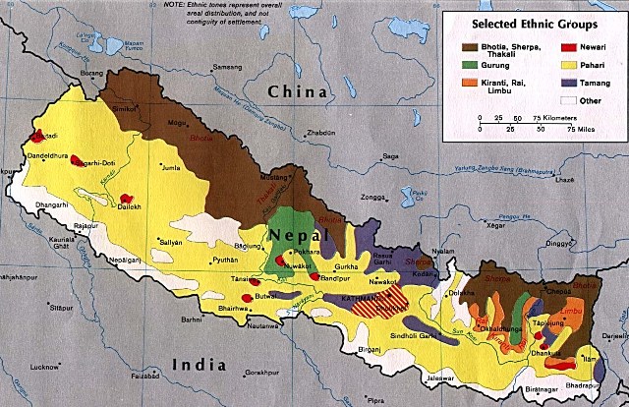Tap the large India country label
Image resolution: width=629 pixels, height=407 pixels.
point(200,365)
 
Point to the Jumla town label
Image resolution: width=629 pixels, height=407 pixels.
point(174,169)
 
